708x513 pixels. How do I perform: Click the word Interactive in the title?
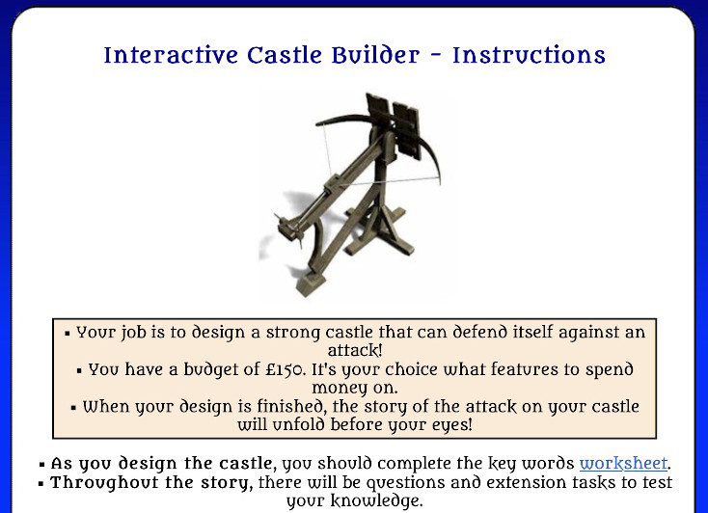(x=171, y=56)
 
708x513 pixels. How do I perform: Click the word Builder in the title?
(x=375, y=56)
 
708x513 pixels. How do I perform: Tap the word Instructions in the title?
(x=529, y=56)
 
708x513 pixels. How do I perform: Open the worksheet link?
(x=623, y=464)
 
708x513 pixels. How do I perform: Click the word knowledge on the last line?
(x=375, y=501)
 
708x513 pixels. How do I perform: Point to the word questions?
(x=405, y=483)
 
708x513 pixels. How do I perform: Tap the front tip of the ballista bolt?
(x=276, y=216)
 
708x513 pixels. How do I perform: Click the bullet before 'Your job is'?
(x=68, y=334)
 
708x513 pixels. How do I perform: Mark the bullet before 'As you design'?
(x=42, y=464)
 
